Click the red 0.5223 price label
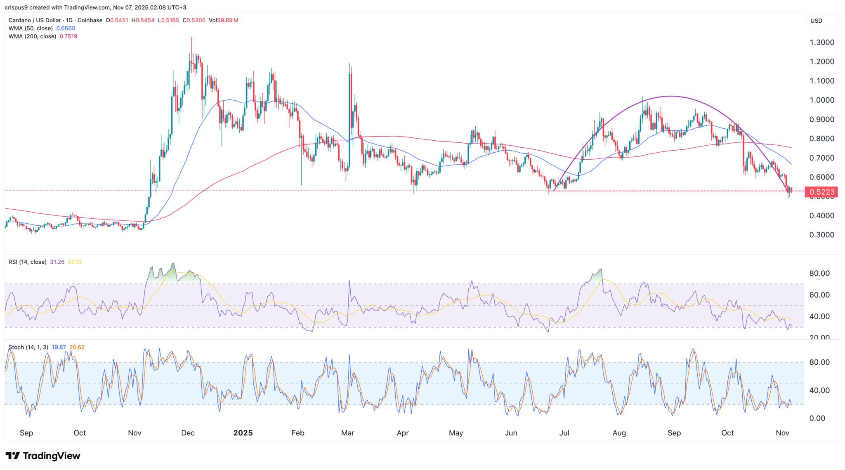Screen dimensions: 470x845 pyautogui.click(x=821, y=192)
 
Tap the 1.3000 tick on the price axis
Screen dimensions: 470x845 pyautogui.click(x=821, y=43)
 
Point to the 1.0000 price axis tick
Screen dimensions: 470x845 pyautogui.click(x=821, y=100)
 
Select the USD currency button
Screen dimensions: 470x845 pyautogui.click(x=821, y=21)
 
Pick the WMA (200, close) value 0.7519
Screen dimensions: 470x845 pyautogui.click(x=68, y=36)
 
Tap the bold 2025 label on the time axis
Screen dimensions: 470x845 pyautogui.click(x=243, y=433)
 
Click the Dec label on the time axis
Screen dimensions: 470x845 pyautogui.click(x=188, y=433)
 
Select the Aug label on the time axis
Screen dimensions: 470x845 pyautogui.click(x=619, y=433)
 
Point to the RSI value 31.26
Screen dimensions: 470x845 pyautogui.click(x=57, y=262)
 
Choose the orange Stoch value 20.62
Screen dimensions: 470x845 pyautogui.click(x=77, y=347)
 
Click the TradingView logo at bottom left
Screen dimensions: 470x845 pyautogui.click(x=43, y=456)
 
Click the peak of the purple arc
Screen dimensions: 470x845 pyautogui.click(x=671, y=97)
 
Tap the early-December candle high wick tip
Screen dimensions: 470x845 pyautogui.click(x=191, y=38)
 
